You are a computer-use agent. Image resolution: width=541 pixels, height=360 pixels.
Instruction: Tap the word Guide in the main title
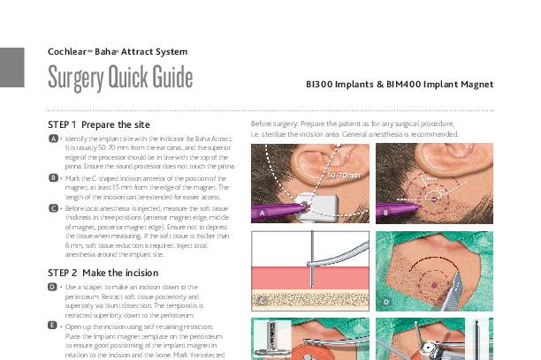click(163, 79)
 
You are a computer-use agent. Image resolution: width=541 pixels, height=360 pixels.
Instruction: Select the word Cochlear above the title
click(69, 52)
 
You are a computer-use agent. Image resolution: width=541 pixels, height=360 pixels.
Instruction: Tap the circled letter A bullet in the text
click(53, 140)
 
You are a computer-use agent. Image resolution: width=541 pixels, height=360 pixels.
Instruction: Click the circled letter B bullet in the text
click(53, 177)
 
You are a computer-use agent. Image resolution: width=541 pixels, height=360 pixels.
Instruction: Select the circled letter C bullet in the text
click(53, 208)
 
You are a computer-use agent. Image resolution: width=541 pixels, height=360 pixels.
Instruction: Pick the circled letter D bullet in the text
click(53, 288)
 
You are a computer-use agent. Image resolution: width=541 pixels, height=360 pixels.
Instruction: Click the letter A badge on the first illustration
click(263, 214)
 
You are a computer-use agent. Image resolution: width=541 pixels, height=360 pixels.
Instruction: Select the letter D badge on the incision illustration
click(386, 302)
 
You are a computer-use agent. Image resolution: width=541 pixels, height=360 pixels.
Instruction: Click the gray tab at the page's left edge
click(11, 67)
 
